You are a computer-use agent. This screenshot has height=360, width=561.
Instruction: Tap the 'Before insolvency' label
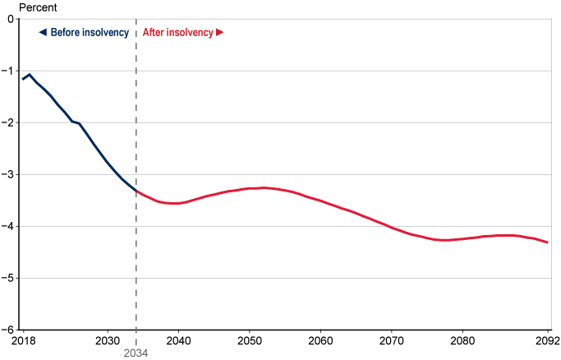[x=90, y=33]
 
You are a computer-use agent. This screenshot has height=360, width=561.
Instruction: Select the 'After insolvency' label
[x=177, y=33]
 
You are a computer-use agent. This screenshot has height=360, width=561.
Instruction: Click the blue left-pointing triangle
[x=42, y=33]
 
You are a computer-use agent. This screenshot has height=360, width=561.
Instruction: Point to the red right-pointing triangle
[x=220, y=33]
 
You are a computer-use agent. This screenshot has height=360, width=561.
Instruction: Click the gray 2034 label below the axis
[x=136, y=353]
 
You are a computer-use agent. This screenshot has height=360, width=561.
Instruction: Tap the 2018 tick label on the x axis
[x=23, y=340]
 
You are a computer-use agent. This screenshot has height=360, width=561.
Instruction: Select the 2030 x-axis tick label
[x=108, y=340]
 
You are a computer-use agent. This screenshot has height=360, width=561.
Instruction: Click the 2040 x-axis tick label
[x=178, y=340]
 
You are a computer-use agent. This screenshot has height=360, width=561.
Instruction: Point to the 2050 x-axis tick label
[x=249, y=340]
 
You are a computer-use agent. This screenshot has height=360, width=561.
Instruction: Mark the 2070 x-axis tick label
[x=391, y=340]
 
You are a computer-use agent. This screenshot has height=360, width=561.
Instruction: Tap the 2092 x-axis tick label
[x=546, y=340]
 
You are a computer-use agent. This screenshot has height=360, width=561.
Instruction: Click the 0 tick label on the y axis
[x=12, y=19]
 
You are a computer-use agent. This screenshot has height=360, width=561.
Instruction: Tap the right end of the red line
[x=547, y=242]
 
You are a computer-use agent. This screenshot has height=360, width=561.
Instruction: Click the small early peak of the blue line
[x=30, y=75]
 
